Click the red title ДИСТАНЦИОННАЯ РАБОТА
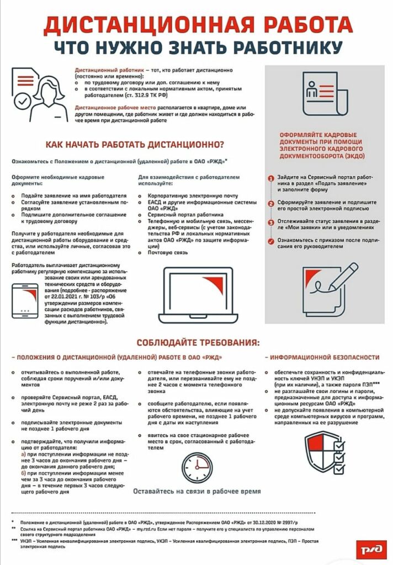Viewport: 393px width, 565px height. (x=196, y=24)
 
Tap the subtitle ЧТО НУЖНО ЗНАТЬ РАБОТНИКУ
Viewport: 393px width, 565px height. (x=196, y=47)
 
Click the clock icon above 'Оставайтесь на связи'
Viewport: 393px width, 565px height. (x=195, y=466)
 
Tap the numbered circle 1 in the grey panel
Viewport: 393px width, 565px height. (x=271, y=179)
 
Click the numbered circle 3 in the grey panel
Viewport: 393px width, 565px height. (x=271, y=222)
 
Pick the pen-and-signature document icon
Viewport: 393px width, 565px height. (x=328, y=285)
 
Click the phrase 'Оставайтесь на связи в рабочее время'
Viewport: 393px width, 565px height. (x=197, y=491)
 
